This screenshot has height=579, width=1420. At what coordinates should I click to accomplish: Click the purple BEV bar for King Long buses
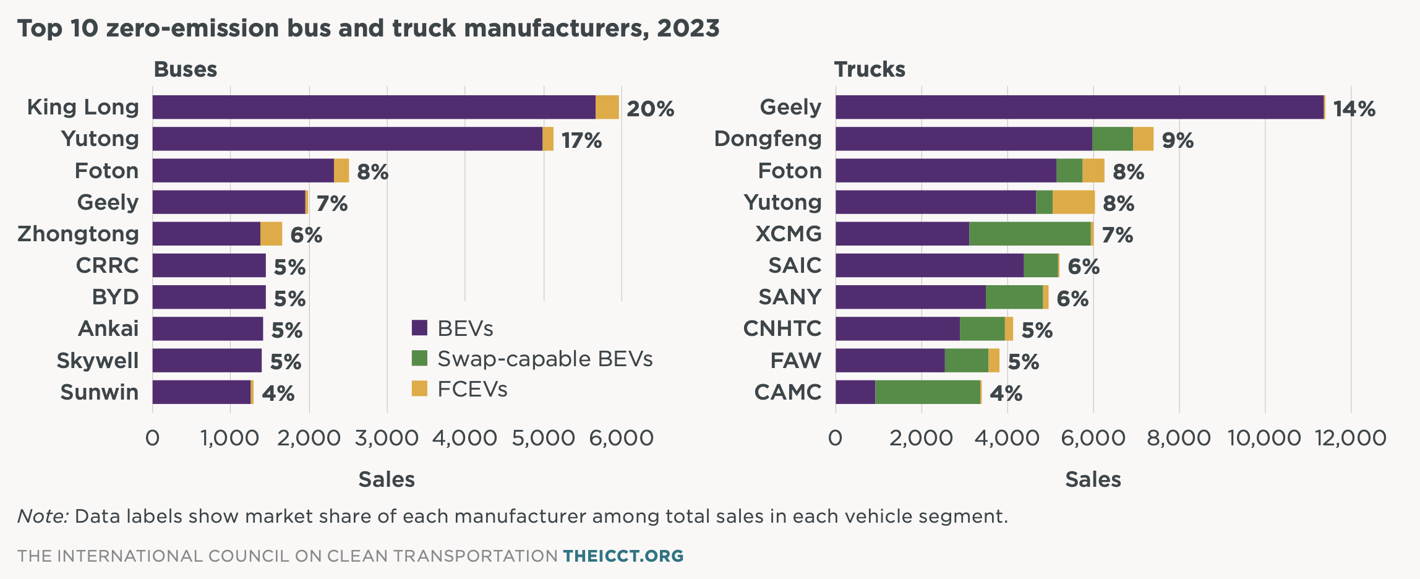(x=374, y=107)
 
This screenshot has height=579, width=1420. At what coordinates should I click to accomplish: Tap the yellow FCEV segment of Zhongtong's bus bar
(x=271, y=234)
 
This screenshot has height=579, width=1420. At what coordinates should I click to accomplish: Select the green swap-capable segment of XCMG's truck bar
(x=1030, y=234)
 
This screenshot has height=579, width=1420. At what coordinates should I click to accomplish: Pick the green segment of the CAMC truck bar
(x=928, y=392)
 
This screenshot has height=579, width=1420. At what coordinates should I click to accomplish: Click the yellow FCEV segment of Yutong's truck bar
(x=1074, y=202)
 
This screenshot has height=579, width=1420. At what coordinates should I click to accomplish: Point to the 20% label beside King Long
(x=650, y=109)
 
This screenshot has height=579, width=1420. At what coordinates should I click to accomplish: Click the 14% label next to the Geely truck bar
(x=1354, y=109)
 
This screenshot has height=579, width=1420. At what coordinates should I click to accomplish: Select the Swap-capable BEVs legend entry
(x=544, y=359)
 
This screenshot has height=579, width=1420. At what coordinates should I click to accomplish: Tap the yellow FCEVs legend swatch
(x=419, y=388)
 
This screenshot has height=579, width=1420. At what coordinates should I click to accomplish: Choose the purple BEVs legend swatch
(x=419, y=328)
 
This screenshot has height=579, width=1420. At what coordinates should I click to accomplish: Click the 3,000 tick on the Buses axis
(x=387, y=438)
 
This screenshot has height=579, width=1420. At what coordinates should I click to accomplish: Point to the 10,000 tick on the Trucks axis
(x=1264, y=438)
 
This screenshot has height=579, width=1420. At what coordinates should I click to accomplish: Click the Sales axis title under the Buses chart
(x=387, y=479)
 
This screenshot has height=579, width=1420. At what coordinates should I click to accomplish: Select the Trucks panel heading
(x=870, y=69)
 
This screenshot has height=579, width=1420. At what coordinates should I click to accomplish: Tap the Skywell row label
(x=97, y=361)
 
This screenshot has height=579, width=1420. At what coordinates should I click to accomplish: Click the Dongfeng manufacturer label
(x=768, y=139)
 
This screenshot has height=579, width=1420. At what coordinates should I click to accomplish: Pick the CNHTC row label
(x=782, y=328)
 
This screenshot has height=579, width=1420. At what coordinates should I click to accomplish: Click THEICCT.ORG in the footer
(x=623, y=555)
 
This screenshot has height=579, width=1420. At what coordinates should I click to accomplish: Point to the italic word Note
(x=42, y=516)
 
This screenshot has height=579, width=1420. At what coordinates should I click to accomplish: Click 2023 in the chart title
(x=688, y=28)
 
